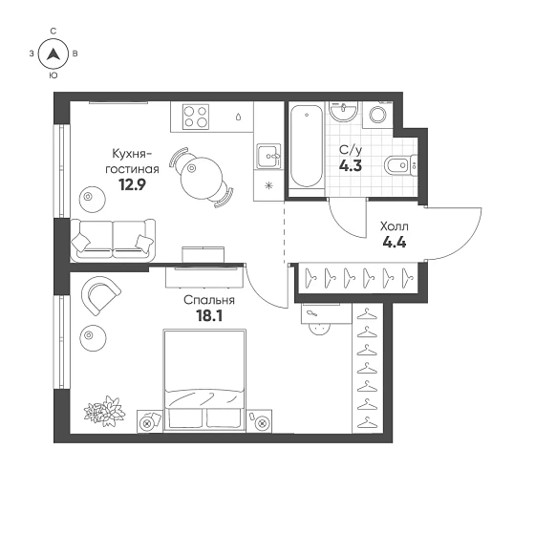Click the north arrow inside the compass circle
coord(53,53)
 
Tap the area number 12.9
coord(132,184)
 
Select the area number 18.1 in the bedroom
coord(209,316)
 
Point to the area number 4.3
coord(351,166)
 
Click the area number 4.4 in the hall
coord(395,243)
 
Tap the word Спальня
coord(209,300)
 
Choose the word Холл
coord(395,226)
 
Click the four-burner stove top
coord(196,117)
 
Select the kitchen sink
coord(268,157)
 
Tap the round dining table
coord(202,179)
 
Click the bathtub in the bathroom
coord(307,146)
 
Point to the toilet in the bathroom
coord(400,165)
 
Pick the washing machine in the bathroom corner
coord(377,115)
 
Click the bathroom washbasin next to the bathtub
coord(343,111)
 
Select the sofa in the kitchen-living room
coord(113,241)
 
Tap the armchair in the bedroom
coord(100,295)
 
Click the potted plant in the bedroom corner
coord(104,411)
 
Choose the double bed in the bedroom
coord(204,379)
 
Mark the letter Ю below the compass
coord(53,75)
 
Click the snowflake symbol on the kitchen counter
coord(268,186)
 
